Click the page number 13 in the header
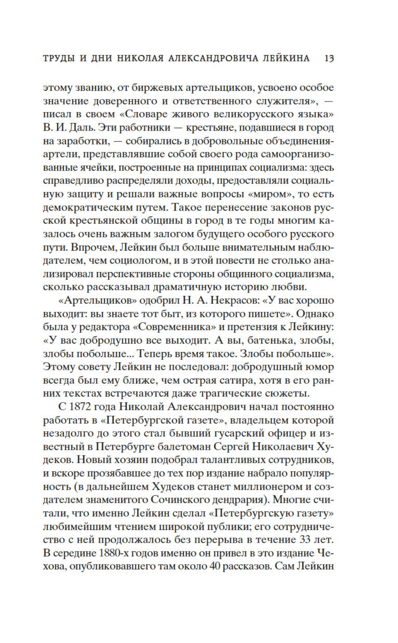click(x=329, y=58)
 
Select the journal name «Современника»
click(x=176, y=327)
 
